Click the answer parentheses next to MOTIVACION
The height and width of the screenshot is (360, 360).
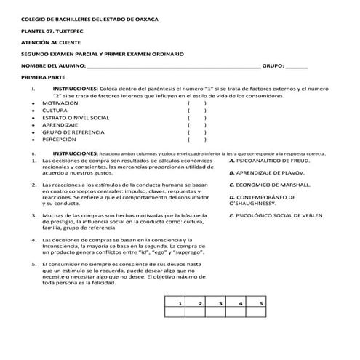tap(197, 103)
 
